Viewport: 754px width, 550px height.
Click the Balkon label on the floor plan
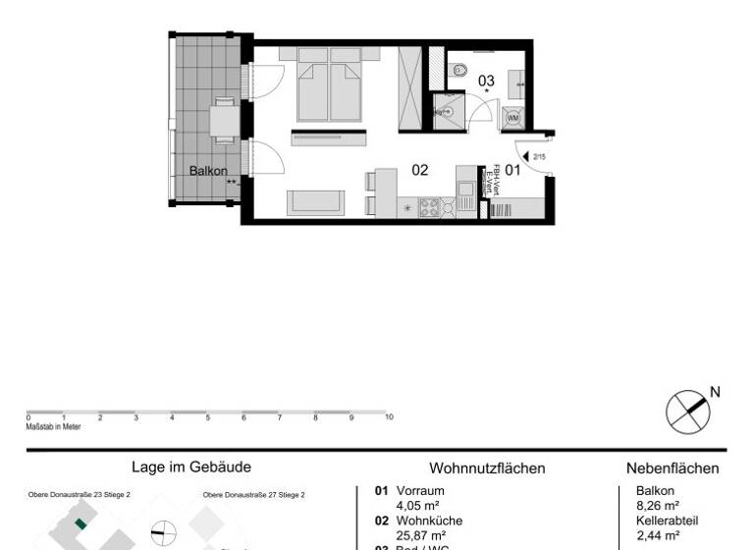(208, 170)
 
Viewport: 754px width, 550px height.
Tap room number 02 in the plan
(420, 170)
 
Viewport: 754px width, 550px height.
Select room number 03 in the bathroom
(486, 80)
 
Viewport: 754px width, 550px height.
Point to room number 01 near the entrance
(512, 170)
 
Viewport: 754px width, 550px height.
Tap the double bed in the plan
(329, 87)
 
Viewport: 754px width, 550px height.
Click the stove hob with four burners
(430, 207)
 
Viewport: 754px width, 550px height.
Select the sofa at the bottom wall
(315, 203)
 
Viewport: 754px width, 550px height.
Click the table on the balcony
(225, 122)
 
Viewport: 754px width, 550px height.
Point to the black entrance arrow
(526, 155)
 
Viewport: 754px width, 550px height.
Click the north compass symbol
(687, 410)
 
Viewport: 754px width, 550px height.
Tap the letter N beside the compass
(715, 392)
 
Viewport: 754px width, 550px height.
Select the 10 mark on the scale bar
(389, 417)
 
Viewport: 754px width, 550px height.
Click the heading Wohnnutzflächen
(487, 468)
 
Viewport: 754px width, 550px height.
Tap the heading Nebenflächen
(673, 468)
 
